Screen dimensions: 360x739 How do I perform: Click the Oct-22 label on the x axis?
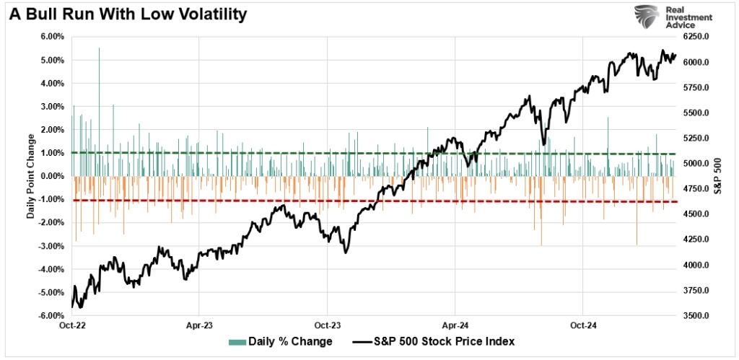[72, 325]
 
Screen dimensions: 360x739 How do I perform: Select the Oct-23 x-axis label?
[328, 325]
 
